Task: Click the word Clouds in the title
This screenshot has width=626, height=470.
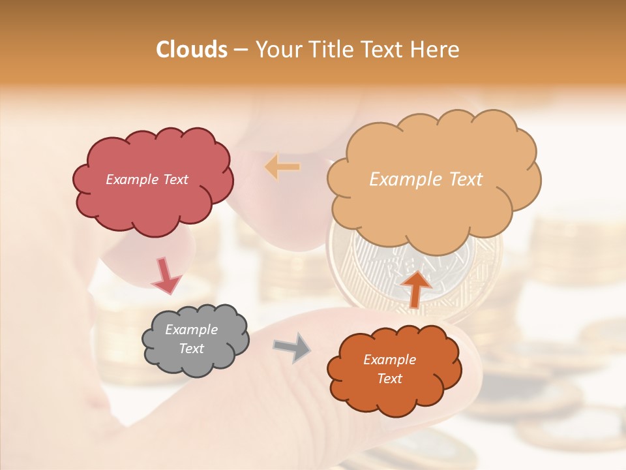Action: (x=191, y=50)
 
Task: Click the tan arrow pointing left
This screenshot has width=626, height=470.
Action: (x=282, y=167)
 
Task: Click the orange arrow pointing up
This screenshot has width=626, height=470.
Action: (x=415, y=288)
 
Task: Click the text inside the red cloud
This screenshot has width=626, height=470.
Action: (x=147, y=180)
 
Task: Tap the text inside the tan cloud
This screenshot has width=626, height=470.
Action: (x=426, y=180)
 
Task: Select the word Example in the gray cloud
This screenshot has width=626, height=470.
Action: (x=191, y=330)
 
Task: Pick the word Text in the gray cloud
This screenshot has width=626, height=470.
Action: (x=191, y=349)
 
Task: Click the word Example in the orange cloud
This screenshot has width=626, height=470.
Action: (x=389, y=360)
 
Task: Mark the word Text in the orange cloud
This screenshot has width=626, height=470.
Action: (x=389, y=379)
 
